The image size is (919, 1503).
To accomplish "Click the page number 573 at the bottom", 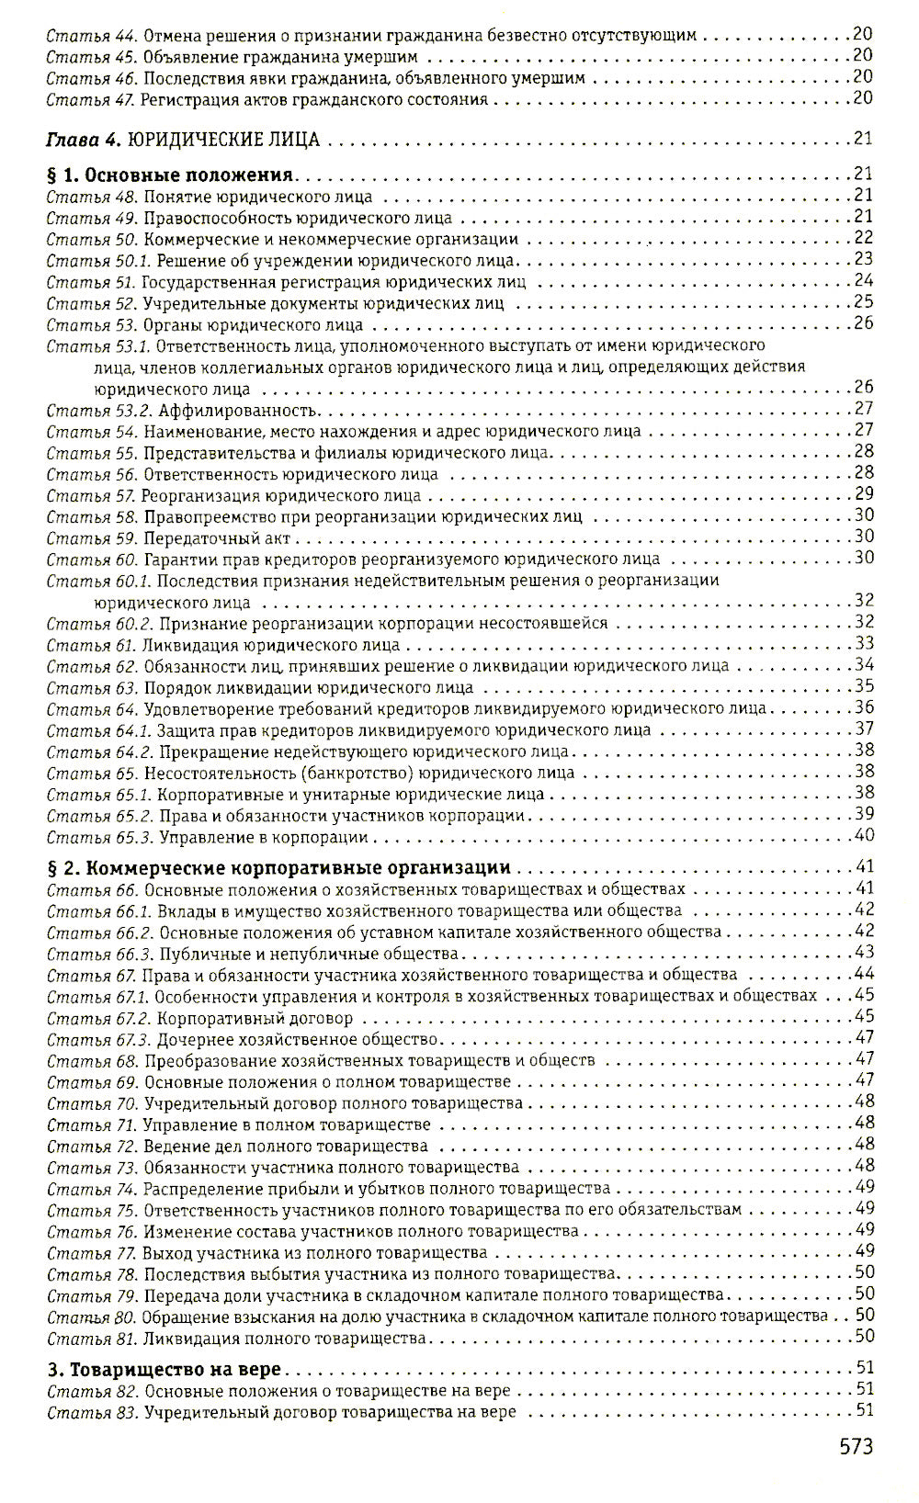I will (856, 1447).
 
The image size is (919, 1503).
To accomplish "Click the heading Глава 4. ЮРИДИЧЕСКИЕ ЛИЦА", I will (183, 140).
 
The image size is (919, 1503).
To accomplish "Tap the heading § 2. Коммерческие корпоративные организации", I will (278, 867).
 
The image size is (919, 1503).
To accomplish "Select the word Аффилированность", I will (238, 410).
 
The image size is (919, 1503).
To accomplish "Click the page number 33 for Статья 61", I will (863, 643).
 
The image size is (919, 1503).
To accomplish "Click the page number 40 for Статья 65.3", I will (863, 836).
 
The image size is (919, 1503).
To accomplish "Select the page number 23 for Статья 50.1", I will (863, 260).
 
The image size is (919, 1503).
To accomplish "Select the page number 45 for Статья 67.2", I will (863, 1017).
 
